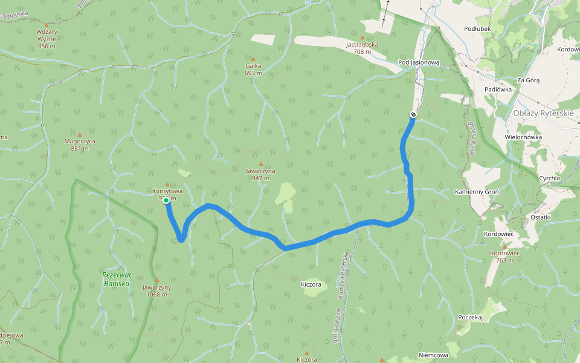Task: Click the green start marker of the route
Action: click(x=166, y=200)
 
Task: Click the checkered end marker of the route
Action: click(x=413, y=114)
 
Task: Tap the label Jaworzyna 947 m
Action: click(x=260, y=174)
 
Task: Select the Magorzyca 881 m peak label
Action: click(x=80, y=145)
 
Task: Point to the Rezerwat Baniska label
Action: click(x=115, y=279)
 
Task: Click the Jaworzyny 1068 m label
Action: click(x=157, y=291)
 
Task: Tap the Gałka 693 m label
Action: click(x=253, y=69)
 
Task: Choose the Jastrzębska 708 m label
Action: click(x=362, y=48)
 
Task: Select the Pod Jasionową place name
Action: click(x=419, y=62)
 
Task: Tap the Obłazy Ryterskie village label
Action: click(x=543, y=113)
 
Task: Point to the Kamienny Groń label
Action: click(x=476, y=192)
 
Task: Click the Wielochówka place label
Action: click(x=523, y=137)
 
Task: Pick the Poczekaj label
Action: click(x=471, y=317)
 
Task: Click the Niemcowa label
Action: click(x=433, y=355)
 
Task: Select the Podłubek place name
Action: click(x=477, y=28)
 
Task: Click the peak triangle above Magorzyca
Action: click(x=80, y=134)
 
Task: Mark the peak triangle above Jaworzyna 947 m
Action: click(x=260, y=163)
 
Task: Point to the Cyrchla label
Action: click(x=550, y=178)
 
